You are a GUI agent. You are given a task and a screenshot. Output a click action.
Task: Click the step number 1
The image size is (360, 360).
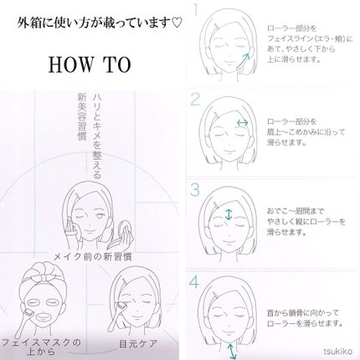click(x=194, y=12)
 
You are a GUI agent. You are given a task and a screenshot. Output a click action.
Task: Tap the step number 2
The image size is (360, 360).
click(x=194, y=100)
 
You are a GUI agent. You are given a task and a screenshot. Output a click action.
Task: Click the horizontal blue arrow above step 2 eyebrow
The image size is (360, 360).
click(x=241, y=123)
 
